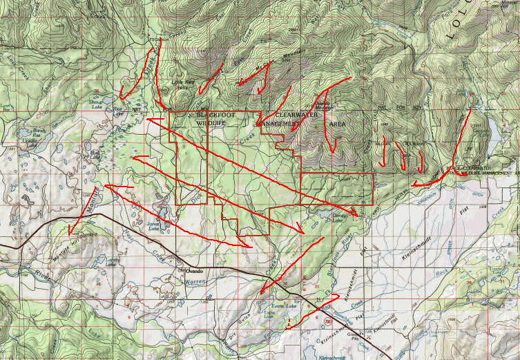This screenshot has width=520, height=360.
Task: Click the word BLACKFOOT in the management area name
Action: pyautogui.click(x=213, y=114)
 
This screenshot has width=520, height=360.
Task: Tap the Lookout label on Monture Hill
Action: pyautogui.click(x=84, y=234)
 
